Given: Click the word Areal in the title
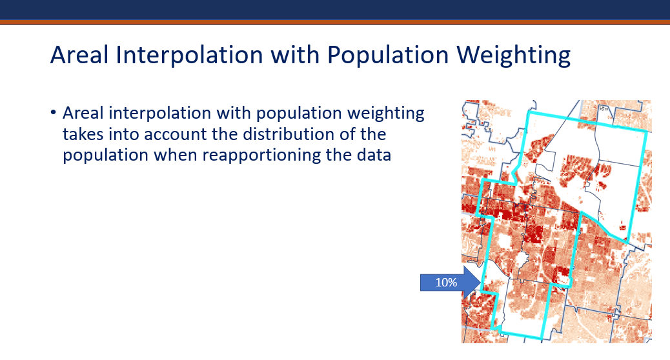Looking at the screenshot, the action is [79, 55].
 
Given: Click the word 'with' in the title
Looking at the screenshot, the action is [295, 55].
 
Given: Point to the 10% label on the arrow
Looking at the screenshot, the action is [446, 283].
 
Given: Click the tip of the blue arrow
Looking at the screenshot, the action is [481, 283].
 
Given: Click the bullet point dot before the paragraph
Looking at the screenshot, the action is [53, 113].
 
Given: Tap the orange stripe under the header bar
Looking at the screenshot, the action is [335, 22].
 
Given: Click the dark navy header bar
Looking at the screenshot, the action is [335, 10].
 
